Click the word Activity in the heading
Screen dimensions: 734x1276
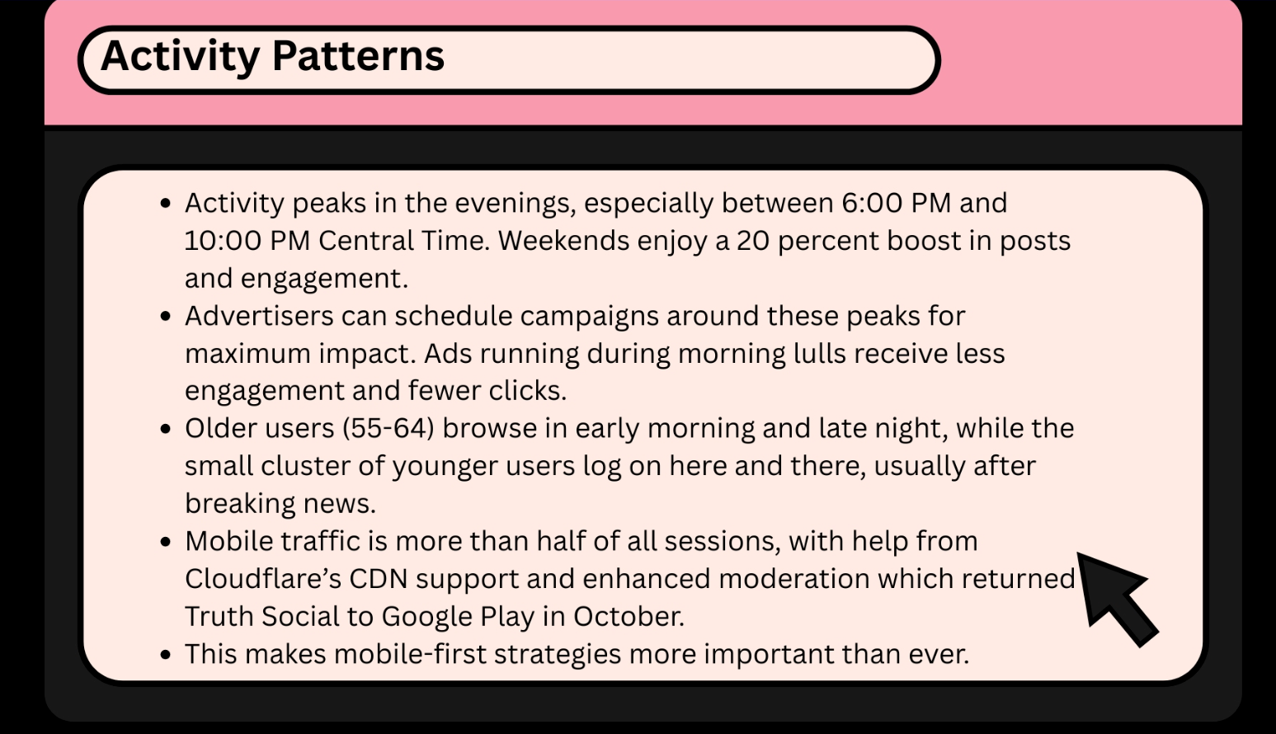[179, 56]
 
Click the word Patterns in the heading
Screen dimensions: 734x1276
[358, 56]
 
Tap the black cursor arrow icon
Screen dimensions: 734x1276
[1116, 596]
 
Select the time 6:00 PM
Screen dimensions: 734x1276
[896, 203]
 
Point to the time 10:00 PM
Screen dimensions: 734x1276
[247, 241]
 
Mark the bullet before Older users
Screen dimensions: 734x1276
[167, 429]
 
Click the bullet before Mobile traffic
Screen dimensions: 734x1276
[167, 542]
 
